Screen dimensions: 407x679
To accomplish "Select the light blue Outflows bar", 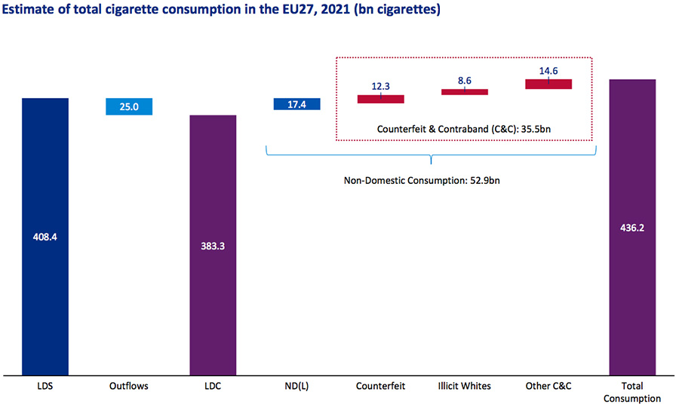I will point(130,106).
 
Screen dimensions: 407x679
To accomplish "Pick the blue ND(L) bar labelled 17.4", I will point(297,104).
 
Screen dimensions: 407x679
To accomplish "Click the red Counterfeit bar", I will point(381,99).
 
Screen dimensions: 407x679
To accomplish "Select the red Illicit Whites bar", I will point(465,92).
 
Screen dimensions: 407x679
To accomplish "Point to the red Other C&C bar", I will point(548,84).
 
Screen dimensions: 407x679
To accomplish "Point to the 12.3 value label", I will point(381,86).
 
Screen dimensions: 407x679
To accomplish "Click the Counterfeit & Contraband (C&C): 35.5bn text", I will point(464,129).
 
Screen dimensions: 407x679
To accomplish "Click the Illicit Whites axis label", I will point(465,386).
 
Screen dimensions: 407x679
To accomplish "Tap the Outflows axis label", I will point(129,386).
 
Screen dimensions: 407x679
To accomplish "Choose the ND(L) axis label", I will point(296,386).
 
